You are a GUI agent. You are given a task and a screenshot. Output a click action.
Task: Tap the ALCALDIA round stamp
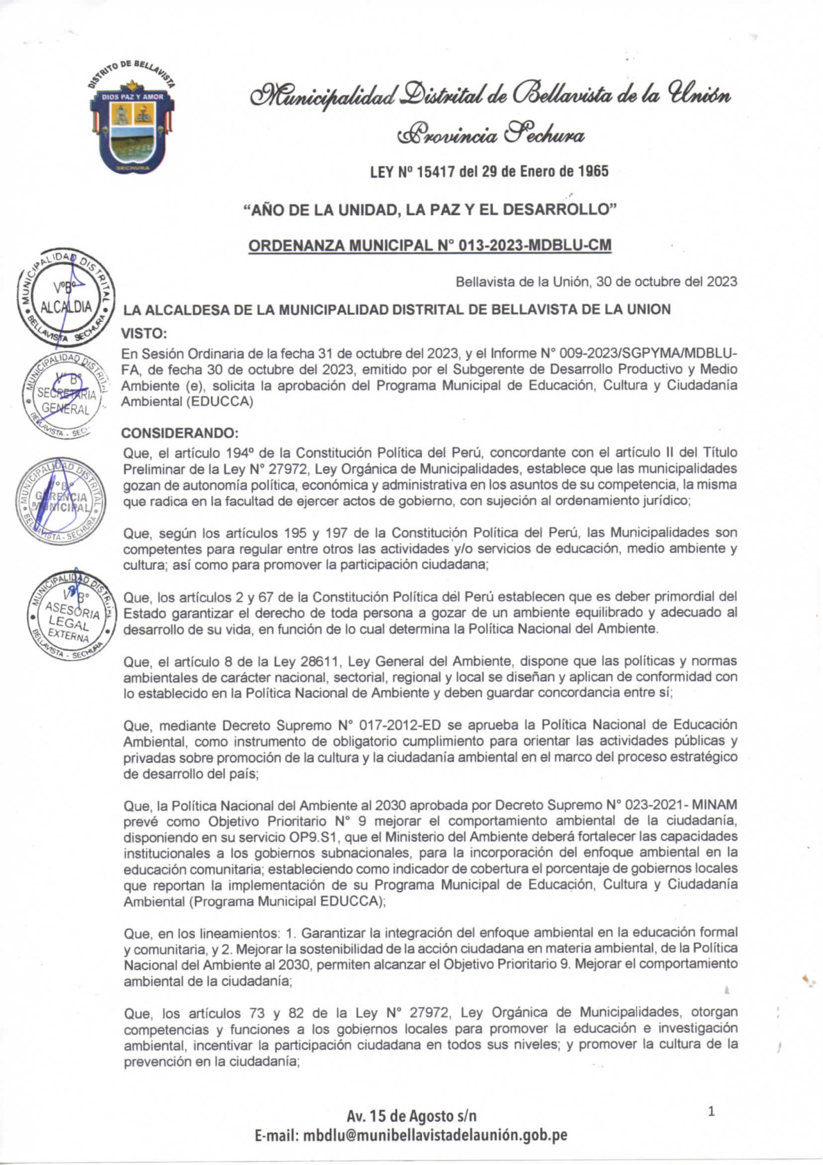(66, 296)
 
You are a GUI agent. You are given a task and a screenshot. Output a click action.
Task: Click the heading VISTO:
(144, 333)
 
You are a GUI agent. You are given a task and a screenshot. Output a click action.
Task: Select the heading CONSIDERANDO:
(179, 433)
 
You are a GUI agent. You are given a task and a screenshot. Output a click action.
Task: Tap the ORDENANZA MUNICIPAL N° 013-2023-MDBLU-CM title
(429, 246)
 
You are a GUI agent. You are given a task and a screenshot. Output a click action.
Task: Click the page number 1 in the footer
(712, 1112)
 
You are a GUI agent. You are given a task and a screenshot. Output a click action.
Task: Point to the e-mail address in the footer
(411, 1135)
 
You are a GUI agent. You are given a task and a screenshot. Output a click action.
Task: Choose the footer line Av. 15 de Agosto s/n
(411, 1115)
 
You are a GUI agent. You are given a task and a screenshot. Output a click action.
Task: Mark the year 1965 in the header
(593, 171)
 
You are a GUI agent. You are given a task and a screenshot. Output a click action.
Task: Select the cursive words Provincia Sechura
(490, 134)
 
